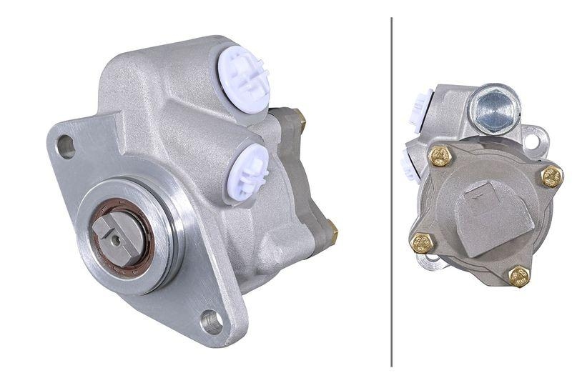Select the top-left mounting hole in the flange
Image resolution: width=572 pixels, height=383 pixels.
(66, 146)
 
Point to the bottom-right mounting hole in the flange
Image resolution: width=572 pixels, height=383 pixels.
(211, 321)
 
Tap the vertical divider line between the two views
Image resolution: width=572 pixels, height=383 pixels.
(392, 191)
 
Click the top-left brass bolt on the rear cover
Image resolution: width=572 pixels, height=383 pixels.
(440, 155)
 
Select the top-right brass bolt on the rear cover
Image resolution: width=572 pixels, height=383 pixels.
(551, 176)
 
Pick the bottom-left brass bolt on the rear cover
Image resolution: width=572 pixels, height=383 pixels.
(423, 242)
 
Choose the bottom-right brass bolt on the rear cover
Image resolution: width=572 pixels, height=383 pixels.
(519, 276)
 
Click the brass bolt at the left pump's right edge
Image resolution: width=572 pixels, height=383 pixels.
(330, 229)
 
